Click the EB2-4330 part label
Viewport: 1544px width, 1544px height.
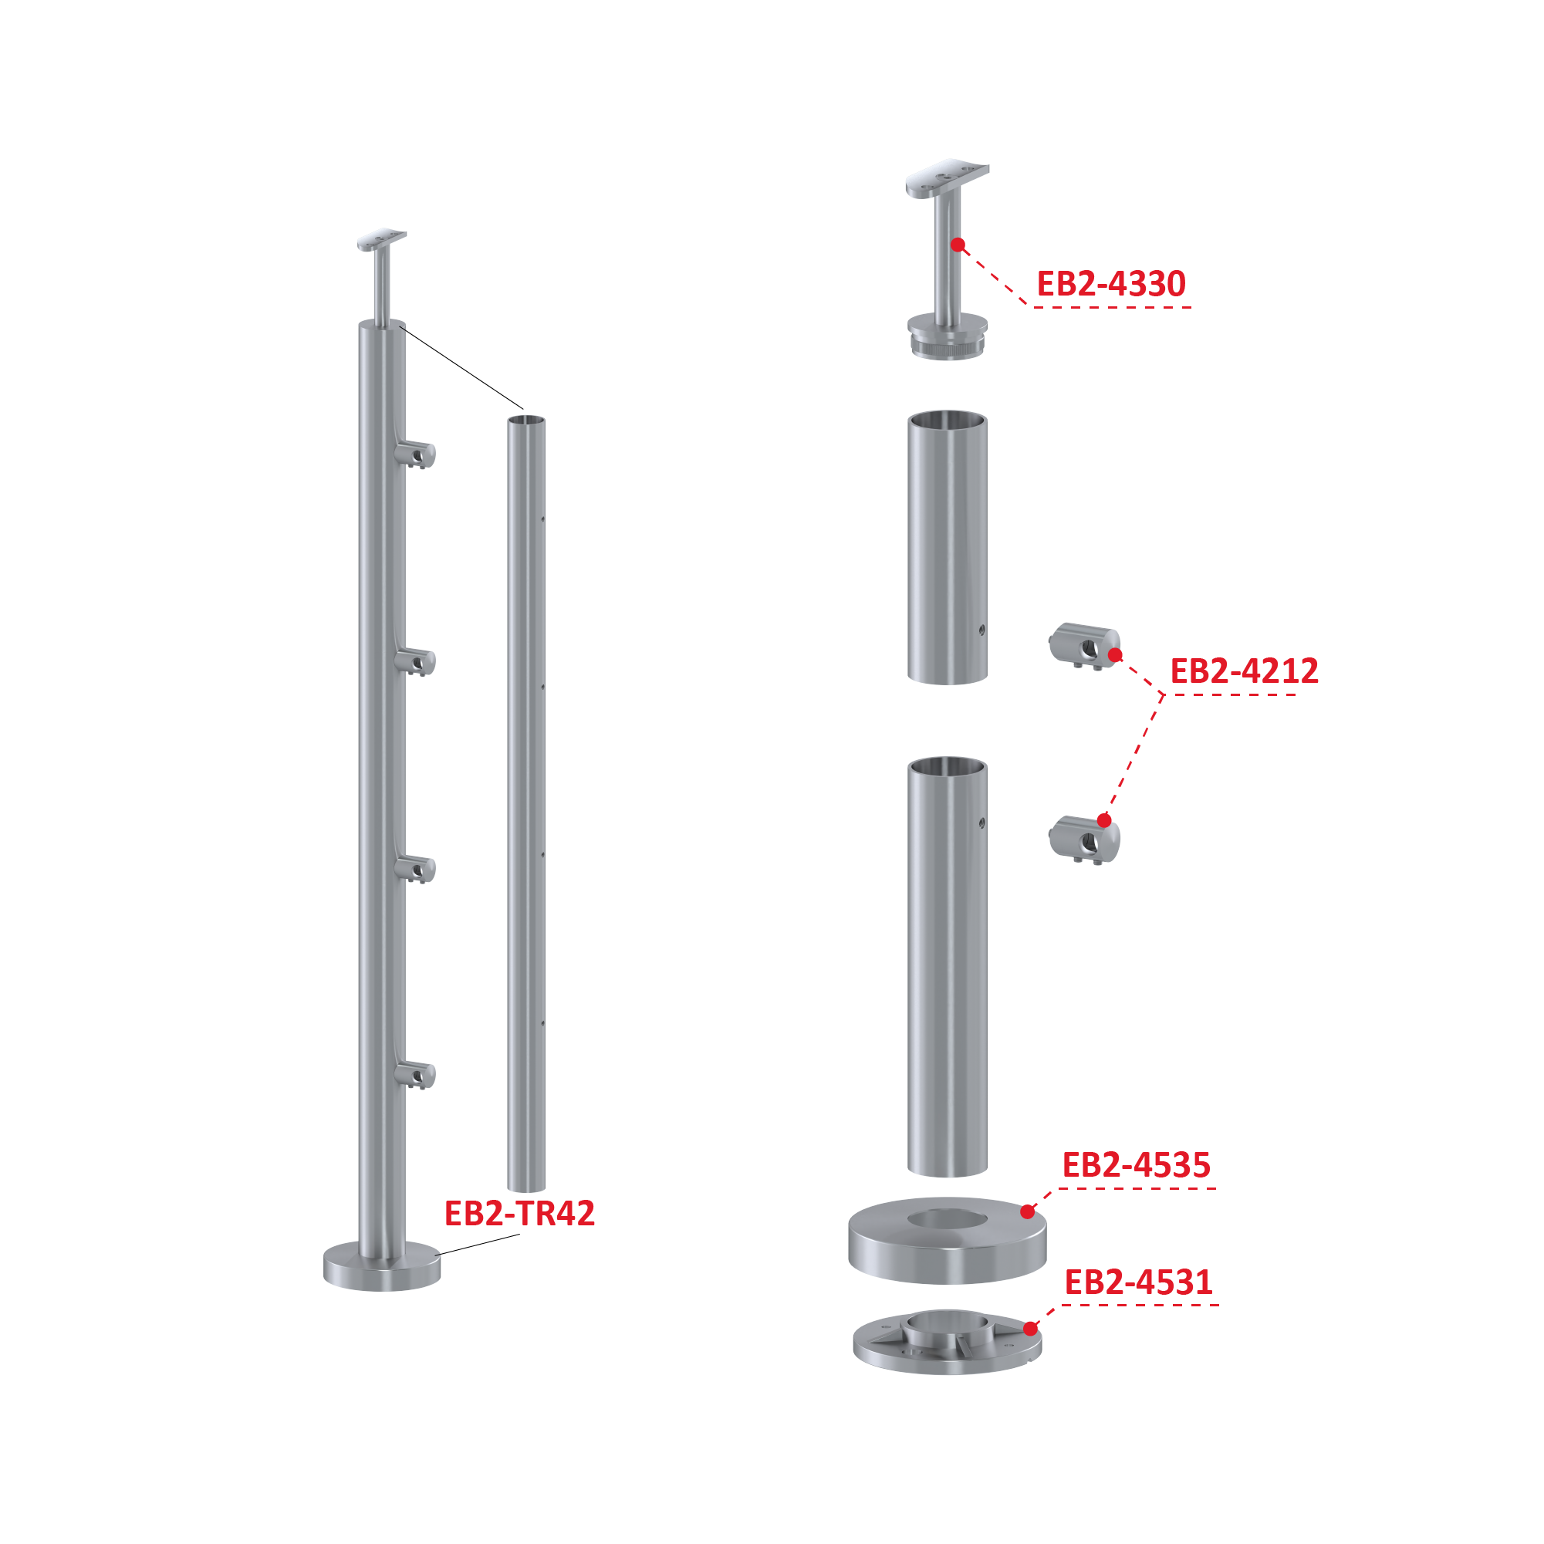click(x=1110, y=284)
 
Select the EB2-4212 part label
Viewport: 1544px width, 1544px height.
click(x=1245, y=671)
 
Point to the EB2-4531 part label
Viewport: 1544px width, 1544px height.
click(x=1138, y=1282)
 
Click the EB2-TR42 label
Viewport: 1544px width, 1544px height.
click(x=519, y=1213)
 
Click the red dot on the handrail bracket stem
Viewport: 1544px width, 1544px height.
click(x=958, y=245)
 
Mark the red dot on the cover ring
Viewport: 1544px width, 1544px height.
click(x=1028, y=1211)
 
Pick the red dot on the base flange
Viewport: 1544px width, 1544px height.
click(x=1031, y=1328)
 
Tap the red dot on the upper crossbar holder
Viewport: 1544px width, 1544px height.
click(x=1116, y=655)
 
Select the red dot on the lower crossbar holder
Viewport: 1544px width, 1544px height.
click(x=1104, y=820)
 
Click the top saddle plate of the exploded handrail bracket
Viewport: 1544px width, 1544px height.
click(x=947, y=177)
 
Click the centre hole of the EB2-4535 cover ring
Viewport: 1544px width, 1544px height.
click(x=947, y=1219)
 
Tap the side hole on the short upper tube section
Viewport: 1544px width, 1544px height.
click(x=981, y=630)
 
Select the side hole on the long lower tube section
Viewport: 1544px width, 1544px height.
click(x=981, y=823)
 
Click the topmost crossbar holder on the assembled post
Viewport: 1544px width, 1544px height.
click(x=416, y=454)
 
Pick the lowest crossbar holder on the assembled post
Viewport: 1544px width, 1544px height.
click(x=416, y=1075)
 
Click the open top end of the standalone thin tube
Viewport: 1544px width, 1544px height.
click(x=527, y=421)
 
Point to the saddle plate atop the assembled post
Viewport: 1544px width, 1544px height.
click(x=382, y=240)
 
